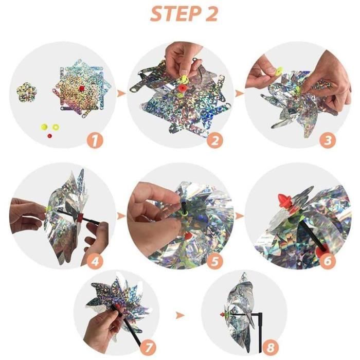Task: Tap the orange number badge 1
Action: [95, 140]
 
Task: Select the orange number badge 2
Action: [214, 140]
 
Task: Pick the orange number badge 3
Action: [328, 140]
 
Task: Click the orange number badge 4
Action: [95, 261]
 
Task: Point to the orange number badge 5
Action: [214, 261]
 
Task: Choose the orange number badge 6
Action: [328, 261]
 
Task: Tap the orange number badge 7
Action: [148, 347]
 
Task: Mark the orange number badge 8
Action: [271, 347]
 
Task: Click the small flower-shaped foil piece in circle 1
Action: [27, 92]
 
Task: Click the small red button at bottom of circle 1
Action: [49, 136]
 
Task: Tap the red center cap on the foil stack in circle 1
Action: [81, 88]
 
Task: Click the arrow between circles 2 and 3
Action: [240, 94]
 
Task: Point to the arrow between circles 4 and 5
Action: [121, 216]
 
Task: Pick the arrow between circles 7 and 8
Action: [180, 315]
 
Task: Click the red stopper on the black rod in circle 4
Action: [80, 218]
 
